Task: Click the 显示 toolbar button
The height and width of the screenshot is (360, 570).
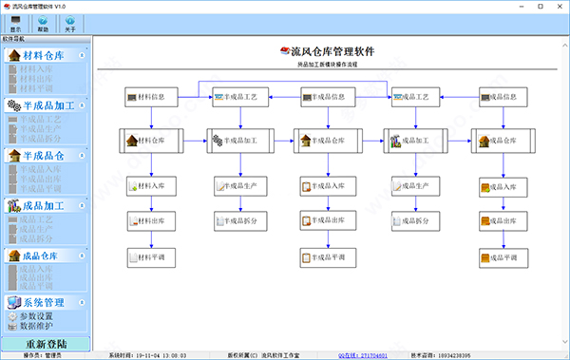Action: pyautogui.click(x=15, y=23)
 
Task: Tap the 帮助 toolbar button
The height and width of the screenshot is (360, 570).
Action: pyautogui.click(x=43, y=23)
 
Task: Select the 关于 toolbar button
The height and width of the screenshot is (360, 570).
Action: pyautogui.click(x=70, y=23)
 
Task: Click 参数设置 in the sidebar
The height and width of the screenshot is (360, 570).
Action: pyautogui.click(x=36, y=315)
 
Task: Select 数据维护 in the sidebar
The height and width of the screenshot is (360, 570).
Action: pyautogui.click(x=36, y=325)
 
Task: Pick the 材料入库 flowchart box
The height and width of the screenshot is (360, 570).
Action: pyautogui.click(x=150, y=185)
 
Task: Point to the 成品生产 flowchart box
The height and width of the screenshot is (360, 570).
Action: pyautogui.click(x=414, y=185)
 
